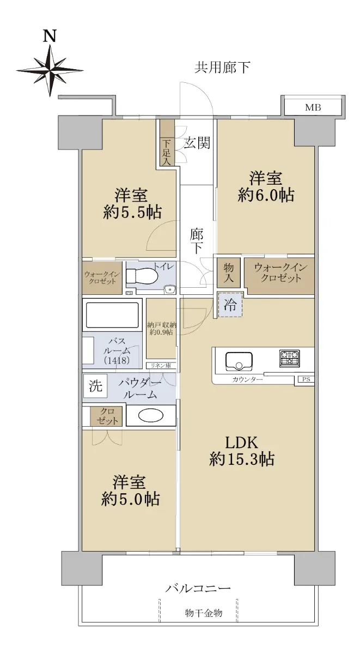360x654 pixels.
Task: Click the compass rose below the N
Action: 50,70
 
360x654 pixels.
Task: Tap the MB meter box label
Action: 313,108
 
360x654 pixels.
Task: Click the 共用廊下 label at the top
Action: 222,68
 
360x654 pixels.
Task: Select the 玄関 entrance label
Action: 197,143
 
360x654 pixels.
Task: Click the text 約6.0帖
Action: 266,195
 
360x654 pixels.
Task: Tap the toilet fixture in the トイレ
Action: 142,275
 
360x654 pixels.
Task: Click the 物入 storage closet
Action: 229,272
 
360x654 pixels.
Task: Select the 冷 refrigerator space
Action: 230,305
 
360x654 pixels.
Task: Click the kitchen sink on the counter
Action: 239,362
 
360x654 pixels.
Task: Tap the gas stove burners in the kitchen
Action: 290,358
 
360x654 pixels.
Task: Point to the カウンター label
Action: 247,379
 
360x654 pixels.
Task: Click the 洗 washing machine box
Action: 95,386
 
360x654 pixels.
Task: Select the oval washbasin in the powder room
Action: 151,416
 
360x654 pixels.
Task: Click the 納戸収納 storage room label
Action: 162,325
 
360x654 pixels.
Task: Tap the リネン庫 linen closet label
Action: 161,366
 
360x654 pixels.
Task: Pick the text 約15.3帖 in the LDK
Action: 242,459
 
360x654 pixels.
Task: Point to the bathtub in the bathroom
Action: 112,316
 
